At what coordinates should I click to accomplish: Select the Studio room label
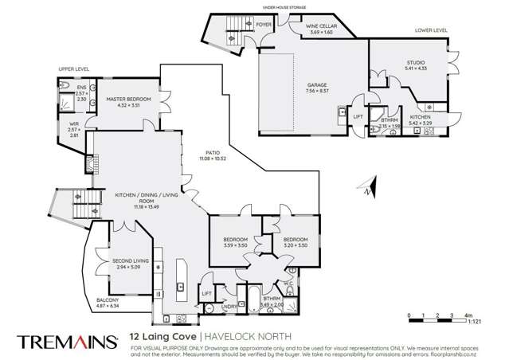coord(417,66)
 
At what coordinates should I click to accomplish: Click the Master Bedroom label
coord(123,101)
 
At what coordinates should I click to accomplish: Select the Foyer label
coord(264,25)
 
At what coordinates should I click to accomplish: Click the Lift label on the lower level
coord(357,116)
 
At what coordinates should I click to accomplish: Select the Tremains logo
coord(69,340)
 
